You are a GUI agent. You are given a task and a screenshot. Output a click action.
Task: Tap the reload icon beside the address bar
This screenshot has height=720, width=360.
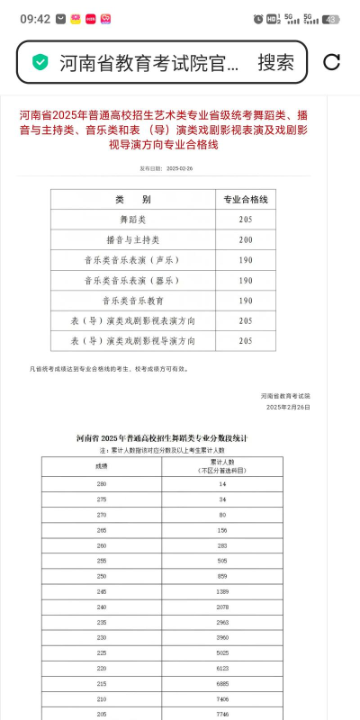tap(331, 62)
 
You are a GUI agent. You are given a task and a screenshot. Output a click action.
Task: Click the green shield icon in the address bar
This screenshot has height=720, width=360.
tap(40, 62)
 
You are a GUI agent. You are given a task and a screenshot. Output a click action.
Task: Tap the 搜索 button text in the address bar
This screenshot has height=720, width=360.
tap(275, 62)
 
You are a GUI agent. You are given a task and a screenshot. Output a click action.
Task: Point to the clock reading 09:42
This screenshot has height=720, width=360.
tap(34, 19)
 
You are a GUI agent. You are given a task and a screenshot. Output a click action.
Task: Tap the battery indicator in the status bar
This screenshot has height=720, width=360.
tap(332, 19)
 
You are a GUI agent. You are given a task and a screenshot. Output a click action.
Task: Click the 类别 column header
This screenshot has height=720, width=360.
tap(133, 199)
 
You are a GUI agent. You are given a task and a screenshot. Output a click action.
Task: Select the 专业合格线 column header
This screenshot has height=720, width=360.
tap(245, 199)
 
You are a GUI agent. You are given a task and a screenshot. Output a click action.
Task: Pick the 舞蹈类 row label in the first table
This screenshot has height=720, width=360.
tap(133, 220)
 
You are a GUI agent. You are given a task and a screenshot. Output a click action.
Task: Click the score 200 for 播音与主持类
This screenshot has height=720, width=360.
tap(245, 240)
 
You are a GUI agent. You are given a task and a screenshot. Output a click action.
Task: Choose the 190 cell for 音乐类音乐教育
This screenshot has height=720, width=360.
tap(245, 301)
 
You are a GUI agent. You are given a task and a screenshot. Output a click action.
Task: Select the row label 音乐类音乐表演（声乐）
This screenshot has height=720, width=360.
tap(133, 260)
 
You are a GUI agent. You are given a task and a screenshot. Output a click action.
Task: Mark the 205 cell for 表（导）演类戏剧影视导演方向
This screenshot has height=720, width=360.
tap(245, 341)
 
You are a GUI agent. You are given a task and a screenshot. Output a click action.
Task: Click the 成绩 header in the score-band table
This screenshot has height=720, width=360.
tap(101, 466)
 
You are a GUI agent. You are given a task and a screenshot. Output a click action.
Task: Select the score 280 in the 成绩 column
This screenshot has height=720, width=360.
tap(101, 485)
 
